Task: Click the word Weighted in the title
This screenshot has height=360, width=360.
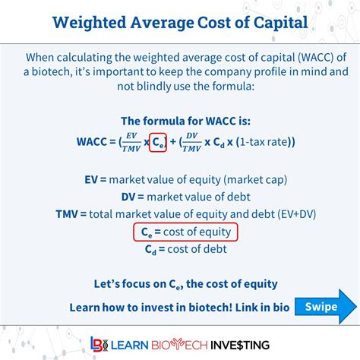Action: coord(90,24)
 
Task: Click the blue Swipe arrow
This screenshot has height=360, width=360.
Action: coord(326,307)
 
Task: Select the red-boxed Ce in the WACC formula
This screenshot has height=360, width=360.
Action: coord(158,142)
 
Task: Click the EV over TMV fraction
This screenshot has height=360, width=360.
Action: coord(131,142)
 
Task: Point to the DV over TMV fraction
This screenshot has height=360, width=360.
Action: coord(191,142)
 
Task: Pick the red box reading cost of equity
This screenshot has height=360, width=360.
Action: coord(185,232)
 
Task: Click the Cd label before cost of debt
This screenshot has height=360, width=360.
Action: coord(150,249)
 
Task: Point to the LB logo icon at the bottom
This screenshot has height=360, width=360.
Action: coord(99,344)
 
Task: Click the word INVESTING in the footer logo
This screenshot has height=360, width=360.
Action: coord(240,345)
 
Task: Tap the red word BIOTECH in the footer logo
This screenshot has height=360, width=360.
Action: coord(179,345)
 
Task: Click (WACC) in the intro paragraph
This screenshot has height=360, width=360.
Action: coord(315,58)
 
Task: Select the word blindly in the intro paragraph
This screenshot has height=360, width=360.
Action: coord(154,87)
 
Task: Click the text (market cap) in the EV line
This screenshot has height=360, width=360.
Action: coord(255,180)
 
